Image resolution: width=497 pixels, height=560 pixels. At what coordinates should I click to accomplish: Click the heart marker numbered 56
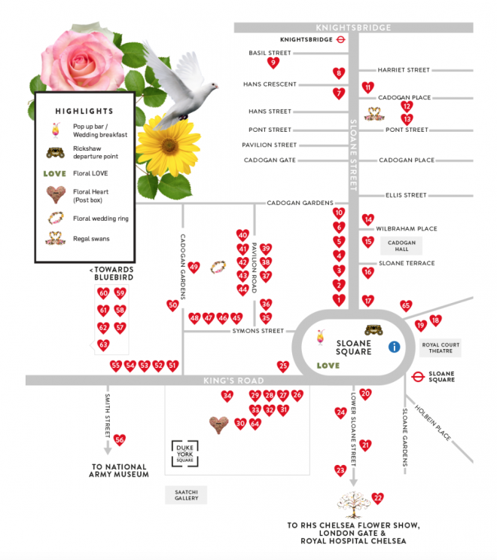(x=119, y=440)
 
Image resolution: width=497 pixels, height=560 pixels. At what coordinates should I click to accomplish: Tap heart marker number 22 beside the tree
(x=378, y=497)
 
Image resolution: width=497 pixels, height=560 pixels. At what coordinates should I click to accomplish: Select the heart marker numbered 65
(x=406, y=305)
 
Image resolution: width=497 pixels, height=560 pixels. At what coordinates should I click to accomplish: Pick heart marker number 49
(x=194, y=268)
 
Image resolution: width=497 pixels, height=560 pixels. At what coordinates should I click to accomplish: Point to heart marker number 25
(x=283, y=366)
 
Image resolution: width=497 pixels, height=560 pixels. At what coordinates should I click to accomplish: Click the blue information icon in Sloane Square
(x=393, y=347)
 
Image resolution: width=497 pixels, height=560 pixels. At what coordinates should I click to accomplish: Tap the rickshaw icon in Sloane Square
(x=374, y=329)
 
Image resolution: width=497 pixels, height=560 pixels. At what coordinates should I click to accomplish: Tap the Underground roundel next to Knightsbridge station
(x=341, y=38)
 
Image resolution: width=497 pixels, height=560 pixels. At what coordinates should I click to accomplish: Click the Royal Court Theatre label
(x=440, y=347)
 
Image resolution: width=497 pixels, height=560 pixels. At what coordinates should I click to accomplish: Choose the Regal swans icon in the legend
(x=54, y=240)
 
